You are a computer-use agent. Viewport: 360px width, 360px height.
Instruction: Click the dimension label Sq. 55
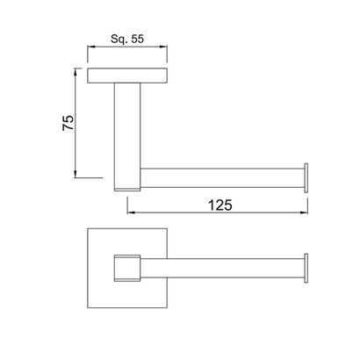click(127, 39)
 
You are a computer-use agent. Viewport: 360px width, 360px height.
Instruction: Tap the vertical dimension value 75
click(68, 123)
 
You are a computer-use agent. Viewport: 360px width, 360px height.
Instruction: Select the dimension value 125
click(220, 205)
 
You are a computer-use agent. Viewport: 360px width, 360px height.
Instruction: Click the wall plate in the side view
click(127, 76)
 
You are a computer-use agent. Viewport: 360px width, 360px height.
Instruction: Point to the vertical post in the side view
click(127, 137)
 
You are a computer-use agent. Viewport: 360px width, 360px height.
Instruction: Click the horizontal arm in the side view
click(221, 178)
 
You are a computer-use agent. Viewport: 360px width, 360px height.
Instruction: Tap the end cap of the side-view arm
click(306, 178)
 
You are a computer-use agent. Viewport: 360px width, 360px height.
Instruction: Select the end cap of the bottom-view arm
click(306, 268)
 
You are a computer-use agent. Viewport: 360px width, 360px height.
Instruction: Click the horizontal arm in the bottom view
click(221, 268)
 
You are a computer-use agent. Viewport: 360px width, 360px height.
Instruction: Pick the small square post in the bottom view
click(127, 268)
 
